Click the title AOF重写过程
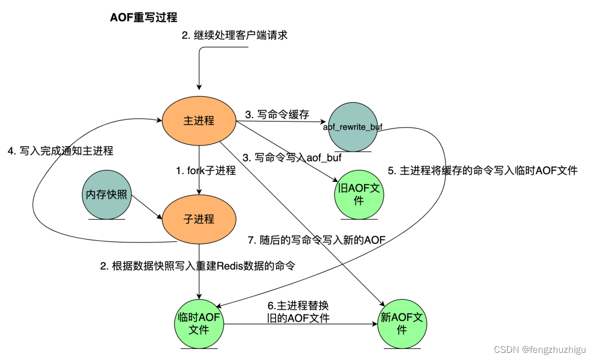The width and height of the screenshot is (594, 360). point(144,17)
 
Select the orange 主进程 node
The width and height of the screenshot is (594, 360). point(199,120)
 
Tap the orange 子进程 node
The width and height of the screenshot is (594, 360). point(199,219)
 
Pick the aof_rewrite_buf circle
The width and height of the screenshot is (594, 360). point(352,127)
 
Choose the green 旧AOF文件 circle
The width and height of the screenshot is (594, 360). point(359,194)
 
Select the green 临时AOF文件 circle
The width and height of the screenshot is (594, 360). point(198,324)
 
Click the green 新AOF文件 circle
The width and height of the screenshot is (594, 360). point(402,324)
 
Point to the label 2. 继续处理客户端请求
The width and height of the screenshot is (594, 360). point(235,36)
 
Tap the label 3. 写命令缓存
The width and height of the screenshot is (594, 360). point(277,114)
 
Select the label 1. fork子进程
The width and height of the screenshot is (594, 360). point(206,171)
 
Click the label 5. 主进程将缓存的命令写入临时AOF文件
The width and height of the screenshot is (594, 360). point(482,171)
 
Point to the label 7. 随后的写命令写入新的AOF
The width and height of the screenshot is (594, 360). point(317,240)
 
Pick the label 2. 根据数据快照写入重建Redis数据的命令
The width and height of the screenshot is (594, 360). point(197,266)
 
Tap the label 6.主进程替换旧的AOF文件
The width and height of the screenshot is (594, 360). point(298,312)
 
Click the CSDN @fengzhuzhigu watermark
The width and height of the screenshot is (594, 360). point(541,350)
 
